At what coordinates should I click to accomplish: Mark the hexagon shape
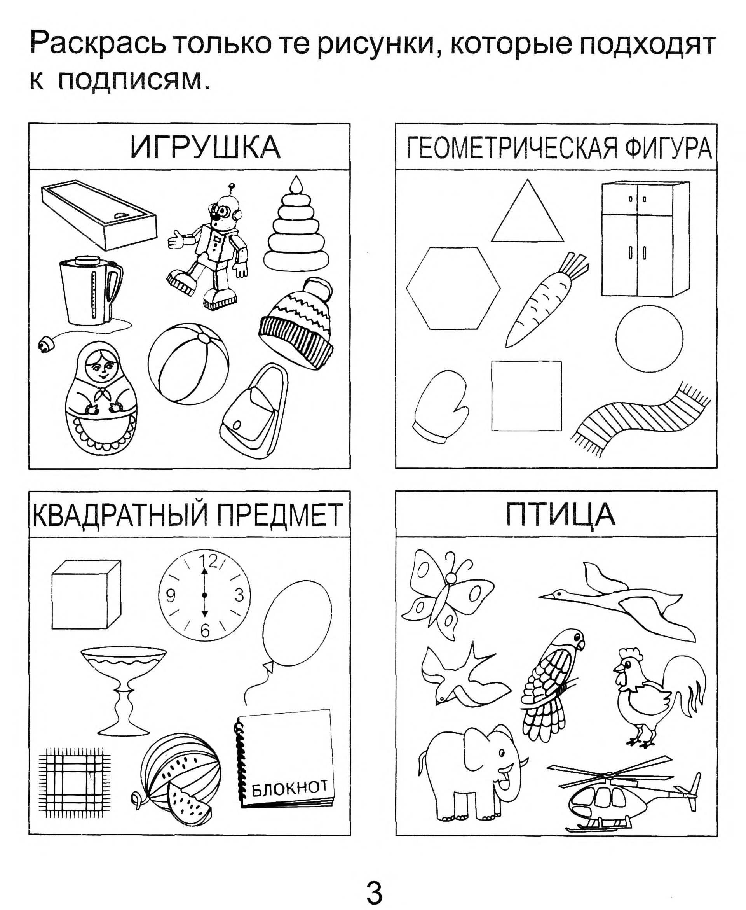(x=453, y=288)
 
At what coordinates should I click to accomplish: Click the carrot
(x=546, y=300)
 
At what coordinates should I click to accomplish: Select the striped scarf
(x=640, y=419)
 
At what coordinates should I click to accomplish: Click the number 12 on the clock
(x=208, y=561)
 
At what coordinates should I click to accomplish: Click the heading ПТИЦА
(x=560, y=514)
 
